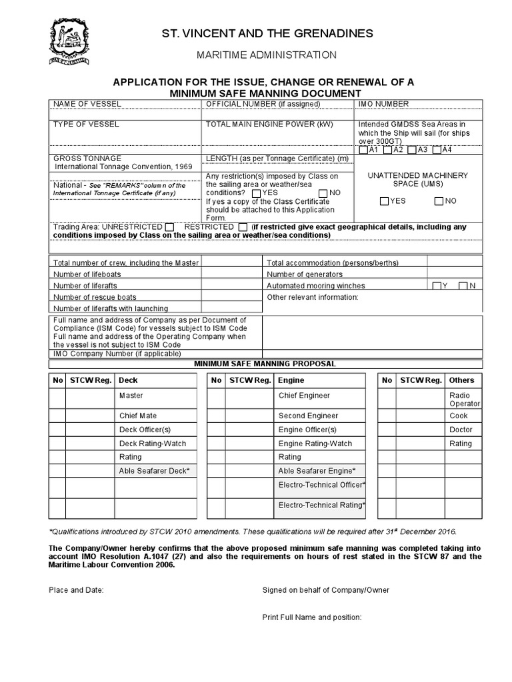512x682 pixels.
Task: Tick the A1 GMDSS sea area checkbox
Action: point(363,150)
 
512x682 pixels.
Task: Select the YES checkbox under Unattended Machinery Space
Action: point(384,201)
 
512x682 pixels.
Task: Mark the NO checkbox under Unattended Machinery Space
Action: point(439,201)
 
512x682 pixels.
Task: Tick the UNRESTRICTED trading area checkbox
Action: point(170,227)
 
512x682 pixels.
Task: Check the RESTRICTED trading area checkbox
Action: point(243,227)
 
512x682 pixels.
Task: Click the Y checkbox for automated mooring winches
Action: point(436,286)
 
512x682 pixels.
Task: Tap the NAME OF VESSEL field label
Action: point(86,104)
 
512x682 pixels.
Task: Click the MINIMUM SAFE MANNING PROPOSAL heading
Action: point(265,364)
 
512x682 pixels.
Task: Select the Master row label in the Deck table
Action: point(131,396)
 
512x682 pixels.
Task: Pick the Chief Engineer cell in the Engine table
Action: point(304,396)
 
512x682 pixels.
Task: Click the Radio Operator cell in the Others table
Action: point(465,400)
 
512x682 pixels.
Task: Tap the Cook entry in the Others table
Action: point(459,416)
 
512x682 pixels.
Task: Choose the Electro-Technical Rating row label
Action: point(321,506)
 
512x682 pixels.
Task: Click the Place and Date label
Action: point(76,590)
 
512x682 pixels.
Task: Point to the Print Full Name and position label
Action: point(312,617)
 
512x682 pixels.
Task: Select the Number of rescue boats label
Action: point(95,297)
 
